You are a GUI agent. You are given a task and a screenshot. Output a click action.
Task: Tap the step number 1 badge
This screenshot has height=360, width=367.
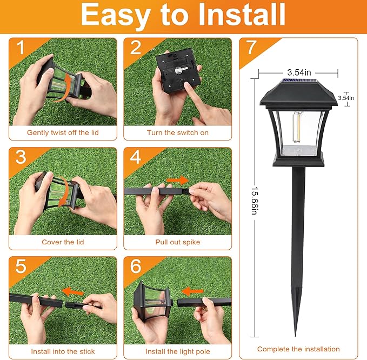pyautogui.click(x=21, y=48)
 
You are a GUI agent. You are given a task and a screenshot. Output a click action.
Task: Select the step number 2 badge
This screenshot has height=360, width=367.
pyautogui.click(x=135, y=48)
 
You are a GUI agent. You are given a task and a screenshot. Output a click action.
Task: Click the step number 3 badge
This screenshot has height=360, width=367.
pyautogui.click(x=21, y=157)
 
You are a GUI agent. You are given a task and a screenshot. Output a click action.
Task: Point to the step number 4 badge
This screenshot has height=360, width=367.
pyautogui.click(x=135, y=157)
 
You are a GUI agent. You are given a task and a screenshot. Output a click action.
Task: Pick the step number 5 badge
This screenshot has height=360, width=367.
pyautogui.click(x=21, y=266)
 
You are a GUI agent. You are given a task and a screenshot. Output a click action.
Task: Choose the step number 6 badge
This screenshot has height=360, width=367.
pyautogui.click(x=135, y=266)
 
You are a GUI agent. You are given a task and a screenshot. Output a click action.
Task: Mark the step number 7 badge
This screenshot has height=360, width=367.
pyautogui.click(x=251, y=48)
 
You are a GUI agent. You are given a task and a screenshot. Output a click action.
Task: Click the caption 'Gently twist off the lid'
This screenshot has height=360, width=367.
pyautogui.click(x=63, y=132)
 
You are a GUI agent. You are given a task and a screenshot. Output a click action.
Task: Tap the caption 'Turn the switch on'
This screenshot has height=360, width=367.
pyautogui.click(x=177, y=132)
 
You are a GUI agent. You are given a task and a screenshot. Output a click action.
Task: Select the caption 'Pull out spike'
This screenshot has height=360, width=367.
pyautogui.click(x=177, y=242)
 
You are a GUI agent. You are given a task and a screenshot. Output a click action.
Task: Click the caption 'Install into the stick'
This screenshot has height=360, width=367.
pyautogui.click(x=63, y=351)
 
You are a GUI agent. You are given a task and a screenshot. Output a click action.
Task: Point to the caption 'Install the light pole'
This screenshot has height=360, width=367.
pyautogui.click(x=177, y=351)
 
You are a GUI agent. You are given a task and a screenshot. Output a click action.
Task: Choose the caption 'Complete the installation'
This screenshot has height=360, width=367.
pyautogui.click(x=298, y=349)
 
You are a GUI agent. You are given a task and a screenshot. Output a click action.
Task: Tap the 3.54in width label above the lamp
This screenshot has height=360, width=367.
pyautogui.click(x=298, y=72)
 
